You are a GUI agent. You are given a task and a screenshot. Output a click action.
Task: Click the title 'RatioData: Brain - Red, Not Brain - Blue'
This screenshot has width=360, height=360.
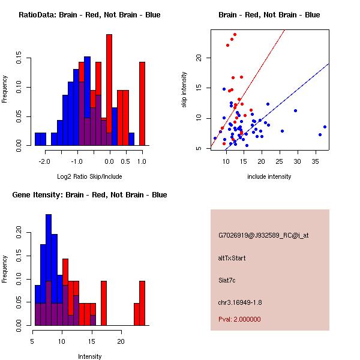[89, 15]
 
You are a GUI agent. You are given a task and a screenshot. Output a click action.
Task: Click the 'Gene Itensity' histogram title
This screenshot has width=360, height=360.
[89, 195]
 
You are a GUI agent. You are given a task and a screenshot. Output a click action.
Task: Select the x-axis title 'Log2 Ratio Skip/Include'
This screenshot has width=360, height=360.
[89, 176]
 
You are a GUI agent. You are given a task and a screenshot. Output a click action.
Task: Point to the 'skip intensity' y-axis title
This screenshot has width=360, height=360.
[184, 90]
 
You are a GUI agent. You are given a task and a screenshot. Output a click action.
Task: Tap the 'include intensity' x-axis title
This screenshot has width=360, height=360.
[269, 176]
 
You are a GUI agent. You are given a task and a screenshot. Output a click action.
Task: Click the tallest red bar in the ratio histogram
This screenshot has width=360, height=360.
[109, 90]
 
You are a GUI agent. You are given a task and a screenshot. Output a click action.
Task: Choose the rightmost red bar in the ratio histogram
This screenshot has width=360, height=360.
[142, 103]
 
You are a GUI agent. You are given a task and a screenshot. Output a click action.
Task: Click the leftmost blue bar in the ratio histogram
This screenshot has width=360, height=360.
[40, 139]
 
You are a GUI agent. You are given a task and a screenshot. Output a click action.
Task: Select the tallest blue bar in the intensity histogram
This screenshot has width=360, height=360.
[49, 270]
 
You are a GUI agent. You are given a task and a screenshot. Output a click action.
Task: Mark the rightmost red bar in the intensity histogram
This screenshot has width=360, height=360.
[142, 303]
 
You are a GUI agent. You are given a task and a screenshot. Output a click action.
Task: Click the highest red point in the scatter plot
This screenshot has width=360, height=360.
[235, 35]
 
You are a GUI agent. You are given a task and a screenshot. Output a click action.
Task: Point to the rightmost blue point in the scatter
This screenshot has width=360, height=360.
[325, 127]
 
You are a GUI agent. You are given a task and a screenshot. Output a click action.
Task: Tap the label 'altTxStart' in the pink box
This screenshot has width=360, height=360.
[232, 258]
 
